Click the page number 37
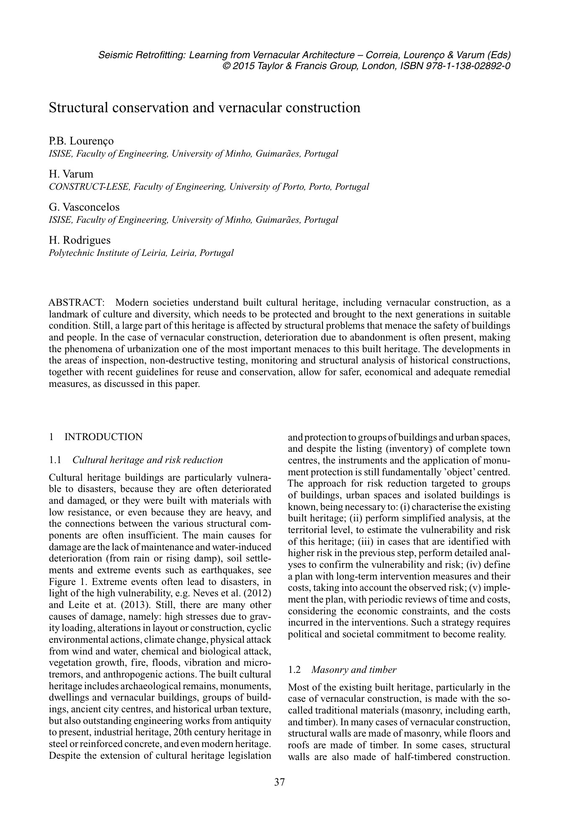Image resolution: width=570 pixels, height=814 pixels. tap(279, 781)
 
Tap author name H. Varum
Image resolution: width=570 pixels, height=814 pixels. tap(71, 174)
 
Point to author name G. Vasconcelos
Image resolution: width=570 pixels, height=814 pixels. tap(84, 207)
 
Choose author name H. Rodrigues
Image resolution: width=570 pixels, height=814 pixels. tap(80, 240)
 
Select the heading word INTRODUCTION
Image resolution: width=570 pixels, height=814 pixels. tap(103, 437)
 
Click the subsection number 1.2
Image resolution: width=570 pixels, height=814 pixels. tap(294, 670)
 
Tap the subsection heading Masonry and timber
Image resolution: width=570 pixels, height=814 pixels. tap(354, 670)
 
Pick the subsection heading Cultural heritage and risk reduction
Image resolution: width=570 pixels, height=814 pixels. tap(147, 460)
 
